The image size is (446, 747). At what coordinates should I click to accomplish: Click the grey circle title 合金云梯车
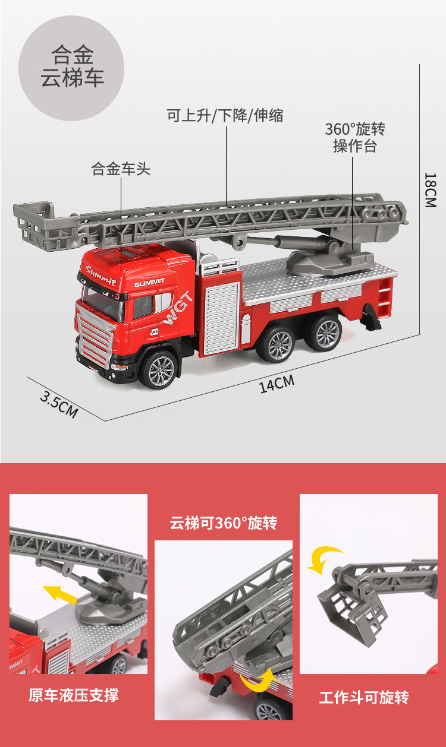pos(72,68)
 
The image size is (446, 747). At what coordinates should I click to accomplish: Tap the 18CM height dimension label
pos(430,189)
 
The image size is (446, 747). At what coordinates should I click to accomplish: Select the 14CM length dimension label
pos(277,384)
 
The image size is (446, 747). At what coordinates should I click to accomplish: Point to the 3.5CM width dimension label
pos(59,404)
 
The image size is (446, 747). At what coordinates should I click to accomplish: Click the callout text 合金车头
pos(121,169)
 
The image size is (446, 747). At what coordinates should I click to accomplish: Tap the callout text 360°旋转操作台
pos(355,138)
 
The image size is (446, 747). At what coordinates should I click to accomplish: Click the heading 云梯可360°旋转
pos(224,523)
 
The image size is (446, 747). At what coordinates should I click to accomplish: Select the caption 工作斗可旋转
pos(364,697)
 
